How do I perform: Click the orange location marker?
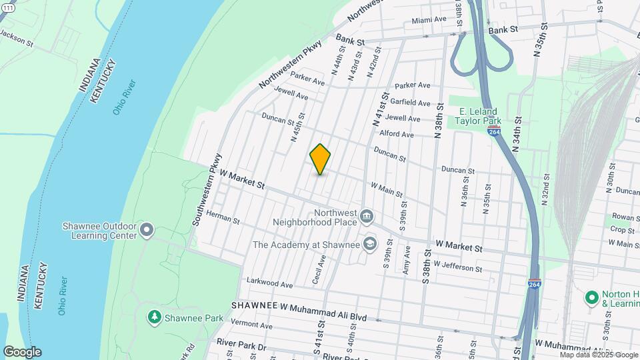[x=320, y=160]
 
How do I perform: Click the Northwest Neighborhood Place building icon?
[x=367, y=216]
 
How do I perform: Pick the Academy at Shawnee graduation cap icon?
[x=369, y=245]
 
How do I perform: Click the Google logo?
[x=22, y=352]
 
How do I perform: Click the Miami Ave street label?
[x=429, y=19]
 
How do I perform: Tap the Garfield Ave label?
[x=411, y=103]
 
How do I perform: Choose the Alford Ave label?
[x=397, y=134]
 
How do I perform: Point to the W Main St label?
[x=387, y=191]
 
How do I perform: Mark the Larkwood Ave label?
[x=270, y=285]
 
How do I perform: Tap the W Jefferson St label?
[x=457, y=267]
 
